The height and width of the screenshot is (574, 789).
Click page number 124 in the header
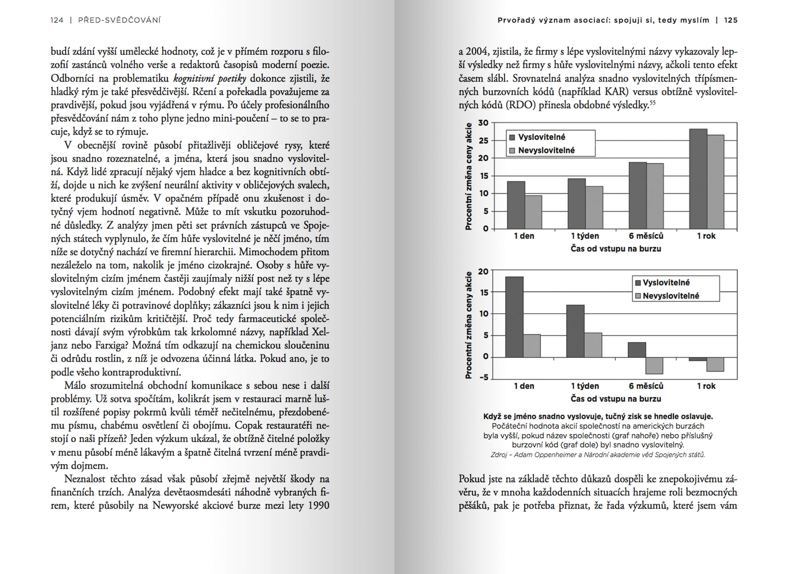(57, 20)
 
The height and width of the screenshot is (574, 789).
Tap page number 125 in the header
(731, 20)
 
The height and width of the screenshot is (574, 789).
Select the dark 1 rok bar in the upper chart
(698, 179)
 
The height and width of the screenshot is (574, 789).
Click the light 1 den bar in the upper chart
(533, 212)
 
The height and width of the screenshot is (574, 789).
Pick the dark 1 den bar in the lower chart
(514, 317)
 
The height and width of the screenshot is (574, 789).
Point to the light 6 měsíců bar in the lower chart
(654, 365)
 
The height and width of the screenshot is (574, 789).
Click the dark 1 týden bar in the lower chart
(575, 331)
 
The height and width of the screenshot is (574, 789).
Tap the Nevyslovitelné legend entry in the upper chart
(546, 151)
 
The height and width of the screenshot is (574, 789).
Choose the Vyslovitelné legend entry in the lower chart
(666, 282)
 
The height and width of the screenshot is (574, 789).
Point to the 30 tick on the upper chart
(483, 123)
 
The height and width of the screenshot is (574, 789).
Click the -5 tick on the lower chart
(483, 377)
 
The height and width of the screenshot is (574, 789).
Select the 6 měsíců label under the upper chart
(646, 236)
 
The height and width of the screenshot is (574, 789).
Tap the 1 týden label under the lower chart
(585, 386)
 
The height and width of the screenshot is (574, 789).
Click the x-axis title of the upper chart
(616, 249)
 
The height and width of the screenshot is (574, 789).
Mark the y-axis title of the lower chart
(469, 325)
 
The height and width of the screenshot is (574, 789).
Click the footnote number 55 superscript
(652, 102)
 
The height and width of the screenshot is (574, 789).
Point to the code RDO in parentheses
(520, 105)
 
